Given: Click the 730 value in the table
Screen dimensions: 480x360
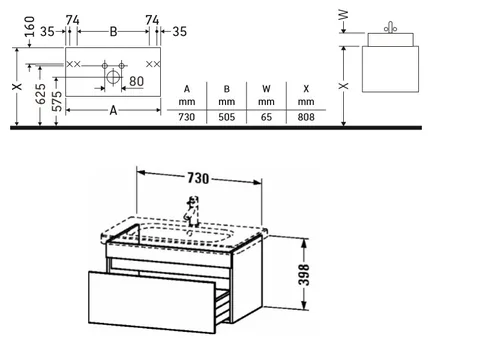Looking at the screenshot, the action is click(186, 117).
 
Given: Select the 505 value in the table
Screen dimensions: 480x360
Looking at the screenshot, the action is click(226, 117).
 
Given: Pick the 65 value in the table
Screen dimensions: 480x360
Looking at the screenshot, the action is click(266, 117).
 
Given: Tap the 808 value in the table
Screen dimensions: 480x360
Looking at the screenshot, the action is click(306, 117).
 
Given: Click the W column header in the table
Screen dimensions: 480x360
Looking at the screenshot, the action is click(266, 89).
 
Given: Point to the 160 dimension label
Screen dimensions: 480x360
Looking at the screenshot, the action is click(30, 27).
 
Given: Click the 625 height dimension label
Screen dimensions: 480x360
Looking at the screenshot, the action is click(41, 94).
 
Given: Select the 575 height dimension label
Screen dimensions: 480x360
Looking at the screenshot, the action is click(57, 101).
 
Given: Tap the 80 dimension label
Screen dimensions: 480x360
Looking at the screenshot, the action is click(136, 81).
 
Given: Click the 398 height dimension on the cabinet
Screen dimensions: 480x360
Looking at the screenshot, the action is click(304, 275).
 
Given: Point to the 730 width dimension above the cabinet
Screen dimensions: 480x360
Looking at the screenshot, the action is click(198, 178).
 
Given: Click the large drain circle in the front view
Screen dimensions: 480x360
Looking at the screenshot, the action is click(113, 77).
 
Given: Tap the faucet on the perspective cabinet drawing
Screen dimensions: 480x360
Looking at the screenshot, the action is click(192, 211).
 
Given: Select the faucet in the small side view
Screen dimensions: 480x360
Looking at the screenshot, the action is click(390, 28).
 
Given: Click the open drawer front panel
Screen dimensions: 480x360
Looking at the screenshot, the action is click(152, 302).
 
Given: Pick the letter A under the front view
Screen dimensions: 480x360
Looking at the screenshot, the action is click(113, 110).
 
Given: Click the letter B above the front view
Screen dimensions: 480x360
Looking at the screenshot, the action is click(113, 32).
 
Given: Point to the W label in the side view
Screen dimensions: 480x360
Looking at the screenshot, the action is click(343, 15).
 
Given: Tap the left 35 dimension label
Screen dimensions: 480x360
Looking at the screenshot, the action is click(47, 32).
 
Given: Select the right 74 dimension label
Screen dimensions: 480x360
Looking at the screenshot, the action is click(152, 20).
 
